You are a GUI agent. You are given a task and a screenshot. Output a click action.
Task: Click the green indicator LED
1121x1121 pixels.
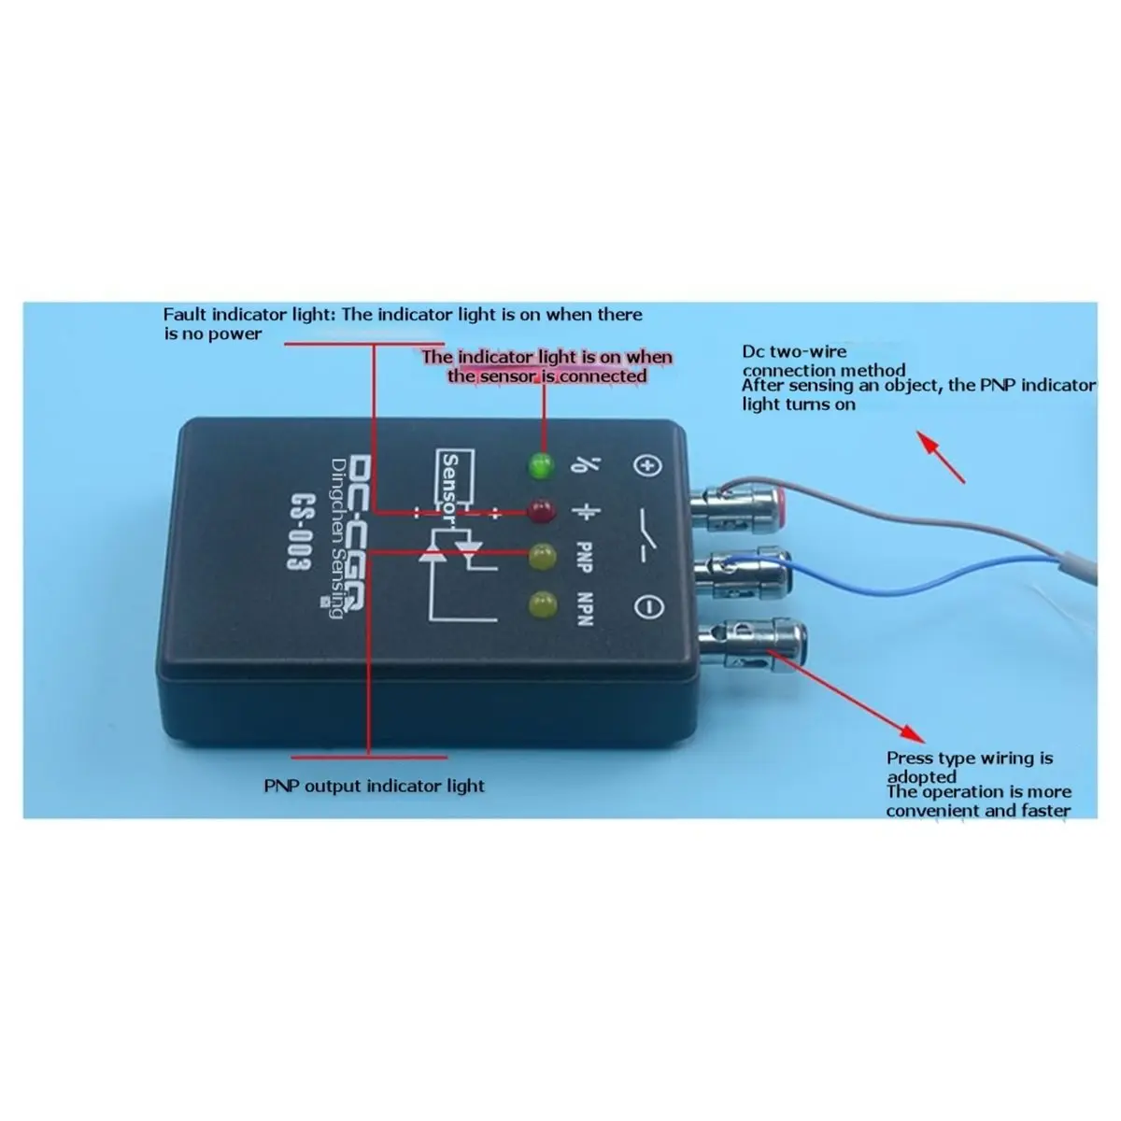click(x=541, y=466)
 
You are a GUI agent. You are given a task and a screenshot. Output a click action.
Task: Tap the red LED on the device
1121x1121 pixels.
click(x=541, y=511)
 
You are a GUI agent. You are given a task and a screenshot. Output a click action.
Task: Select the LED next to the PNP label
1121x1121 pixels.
click(x=542, y=557)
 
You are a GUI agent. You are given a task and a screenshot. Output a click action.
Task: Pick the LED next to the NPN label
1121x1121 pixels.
click(x=543, y=604)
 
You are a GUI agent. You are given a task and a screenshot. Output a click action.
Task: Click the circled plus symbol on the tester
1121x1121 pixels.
click(x=647, y=466)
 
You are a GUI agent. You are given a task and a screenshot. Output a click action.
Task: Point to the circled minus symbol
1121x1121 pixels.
click(x=647, y=607)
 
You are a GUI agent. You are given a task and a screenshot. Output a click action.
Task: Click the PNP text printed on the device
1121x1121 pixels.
click(x=584, y=557)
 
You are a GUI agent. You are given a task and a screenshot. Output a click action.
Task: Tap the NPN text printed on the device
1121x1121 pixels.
click(x=584, y=609)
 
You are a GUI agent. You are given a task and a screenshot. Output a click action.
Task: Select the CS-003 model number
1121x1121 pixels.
click(x=302, y=531)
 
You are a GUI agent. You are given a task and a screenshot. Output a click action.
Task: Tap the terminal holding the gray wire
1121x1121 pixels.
click(x=739, y=510)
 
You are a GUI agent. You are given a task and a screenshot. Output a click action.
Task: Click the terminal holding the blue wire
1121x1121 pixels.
click(x=743, y=576)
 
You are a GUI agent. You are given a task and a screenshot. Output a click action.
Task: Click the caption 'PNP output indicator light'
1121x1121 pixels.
click(x=374, y=786)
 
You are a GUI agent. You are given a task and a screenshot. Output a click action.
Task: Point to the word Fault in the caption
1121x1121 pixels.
click(x=185, y=314)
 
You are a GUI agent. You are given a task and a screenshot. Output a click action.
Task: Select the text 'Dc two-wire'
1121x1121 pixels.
click(x=794, y=352)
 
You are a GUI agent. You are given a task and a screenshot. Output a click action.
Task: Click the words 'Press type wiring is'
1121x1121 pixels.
click(x=970, y=759)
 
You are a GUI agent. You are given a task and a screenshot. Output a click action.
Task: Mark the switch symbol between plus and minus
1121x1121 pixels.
click(x=647, y=535)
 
